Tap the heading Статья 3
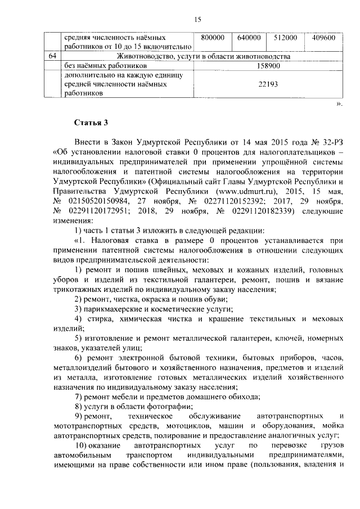(x=90, y=123)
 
